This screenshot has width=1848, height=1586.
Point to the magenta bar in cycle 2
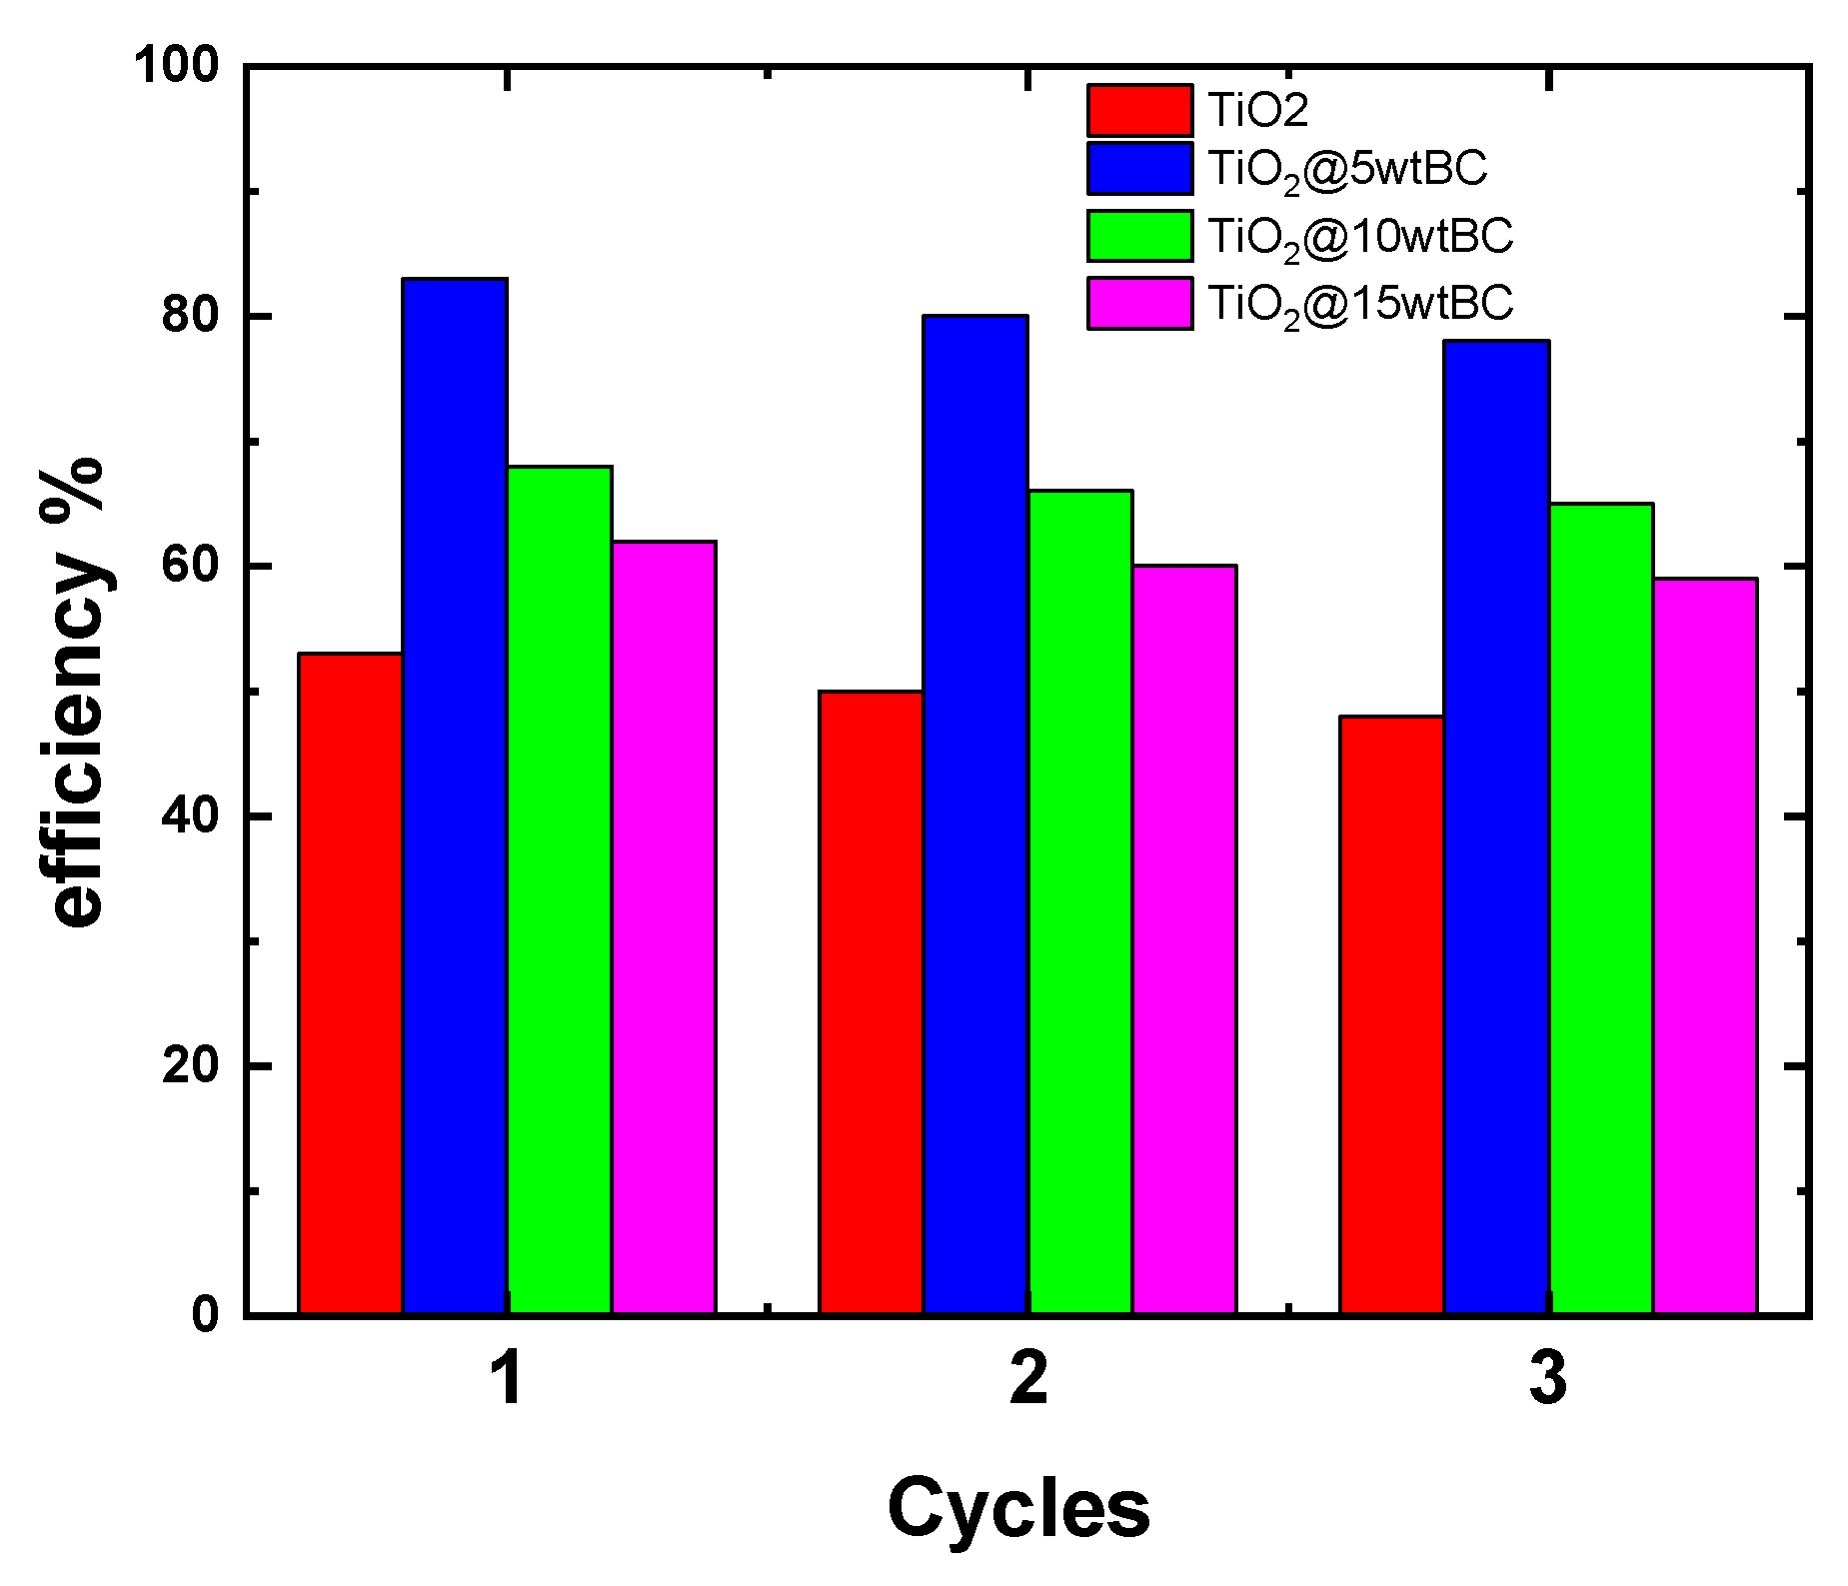coord(1184,938)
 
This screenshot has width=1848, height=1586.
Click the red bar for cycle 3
coord(1392,1014)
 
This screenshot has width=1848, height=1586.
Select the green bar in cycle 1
coord(560,889)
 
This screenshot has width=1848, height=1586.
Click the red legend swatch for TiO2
coord(1139,111)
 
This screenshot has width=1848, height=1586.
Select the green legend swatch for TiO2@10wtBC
coord(1139,236)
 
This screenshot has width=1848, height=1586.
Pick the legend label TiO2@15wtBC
coord(1360,303)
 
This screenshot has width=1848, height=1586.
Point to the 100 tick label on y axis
coord(176,67)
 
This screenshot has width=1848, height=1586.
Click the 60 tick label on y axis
coord(190,567)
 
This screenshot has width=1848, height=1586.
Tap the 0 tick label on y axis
coord(205,1314)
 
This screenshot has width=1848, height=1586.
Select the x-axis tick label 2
coord(1028,1379)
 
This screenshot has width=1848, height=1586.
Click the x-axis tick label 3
coord(1548,1379)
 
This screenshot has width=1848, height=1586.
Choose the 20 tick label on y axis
coord(190,1066)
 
